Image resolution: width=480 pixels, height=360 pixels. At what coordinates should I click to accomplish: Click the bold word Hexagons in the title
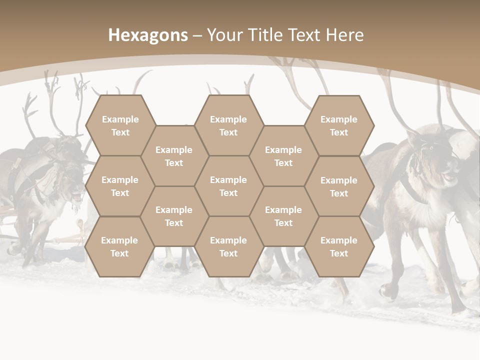point(148,35)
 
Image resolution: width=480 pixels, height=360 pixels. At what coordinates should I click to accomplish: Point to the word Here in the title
point(344,35)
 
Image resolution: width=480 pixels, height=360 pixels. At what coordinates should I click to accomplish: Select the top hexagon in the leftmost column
point(120,125)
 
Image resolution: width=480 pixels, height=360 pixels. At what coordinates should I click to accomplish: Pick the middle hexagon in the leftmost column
point(120,186)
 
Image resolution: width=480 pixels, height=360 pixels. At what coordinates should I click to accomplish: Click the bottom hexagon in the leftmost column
point(119,246)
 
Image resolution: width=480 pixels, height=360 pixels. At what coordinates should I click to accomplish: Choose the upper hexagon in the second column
point(174,156)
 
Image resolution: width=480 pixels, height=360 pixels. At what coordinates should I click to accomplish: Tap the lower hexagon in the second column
point(174,216)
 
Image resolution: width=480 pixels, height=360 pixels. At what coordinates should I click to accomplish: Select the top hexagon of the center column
point(228,125)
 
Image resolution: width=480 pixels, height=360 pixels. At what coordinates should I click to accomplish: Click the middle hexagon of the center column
point(228,186)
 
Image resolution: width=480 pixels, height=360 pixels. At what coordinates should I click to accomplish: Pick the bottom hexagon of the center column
point(228,246)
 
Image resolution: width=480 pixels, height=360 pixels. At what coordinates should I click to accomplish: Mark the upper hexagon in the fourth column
point(283,156)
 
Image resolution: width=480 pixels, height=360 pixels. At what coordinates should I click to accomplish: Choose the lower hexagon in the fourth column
point(283,216)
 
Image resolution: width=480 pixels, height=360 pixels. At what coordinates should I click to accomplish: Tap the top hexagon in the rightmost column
point(339,125)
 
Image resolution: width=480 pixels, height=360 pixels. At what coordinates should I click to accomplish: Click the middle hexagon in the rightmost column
point(339,186)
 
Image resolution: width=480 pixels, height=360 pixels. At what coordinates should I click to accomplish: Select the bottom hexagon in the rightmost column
point(339,246)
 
